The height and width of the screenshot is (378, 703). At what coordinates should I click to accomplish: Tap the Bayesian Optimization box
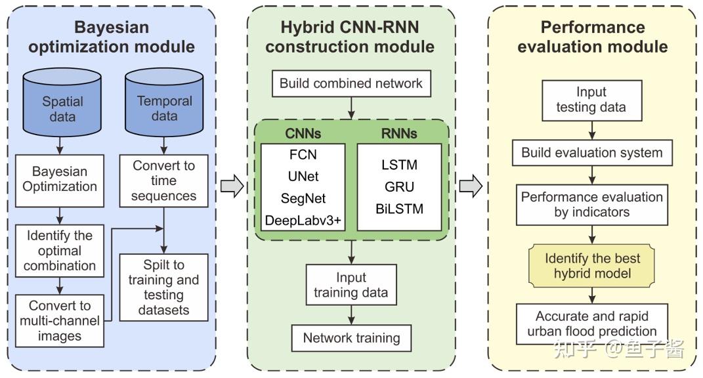(x=60, y=179)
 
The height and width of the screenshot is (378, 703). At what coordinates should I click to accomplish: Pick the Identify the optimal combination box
(x=60, y=251)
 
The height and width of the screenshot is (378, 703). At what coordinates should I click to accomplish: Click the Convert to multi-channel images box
(x=60, y=321)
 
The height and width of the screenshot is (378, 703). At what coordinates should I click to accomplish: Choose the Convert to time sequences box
(x=164, y=180)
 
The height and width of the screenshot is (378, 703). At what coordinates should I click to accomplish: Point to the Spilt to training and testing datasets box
(x=164, y=287)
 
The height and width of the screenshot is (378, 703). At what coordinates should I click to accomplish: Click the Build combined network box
(x=351, y=83)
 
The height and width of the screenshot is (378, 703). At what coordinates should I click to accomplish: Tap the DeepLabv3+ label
(x=303, y=220)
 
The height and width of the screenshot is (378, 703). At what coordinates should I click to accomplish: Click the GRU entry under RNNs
(x=399, y=187)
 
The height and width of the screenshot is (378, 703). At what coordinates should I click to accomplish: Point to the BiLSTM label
(x=399, y=209)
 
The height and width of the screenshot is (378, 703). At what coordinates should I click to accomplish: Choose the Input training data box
(x=351, y=285)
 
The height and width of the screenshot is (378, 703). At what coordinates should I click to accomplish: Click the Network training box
(x=351, y=338)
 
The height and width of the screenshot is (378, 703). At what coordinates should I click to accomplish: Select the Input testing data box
(x=591, y=100)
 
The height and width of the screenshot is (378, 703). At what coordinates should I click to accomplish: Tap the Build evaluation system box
(x=591, y=153)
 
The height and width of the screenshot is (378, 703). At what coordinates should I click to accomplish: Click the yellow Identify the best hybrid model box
(x=592, y=265)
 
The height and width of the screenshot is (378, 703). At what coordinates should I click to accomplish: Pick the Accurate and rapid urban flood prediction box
(x=591, y=323)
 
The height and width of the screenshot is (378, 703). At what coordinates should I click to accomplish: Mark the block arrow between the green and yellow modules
(x=471, y=186)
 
